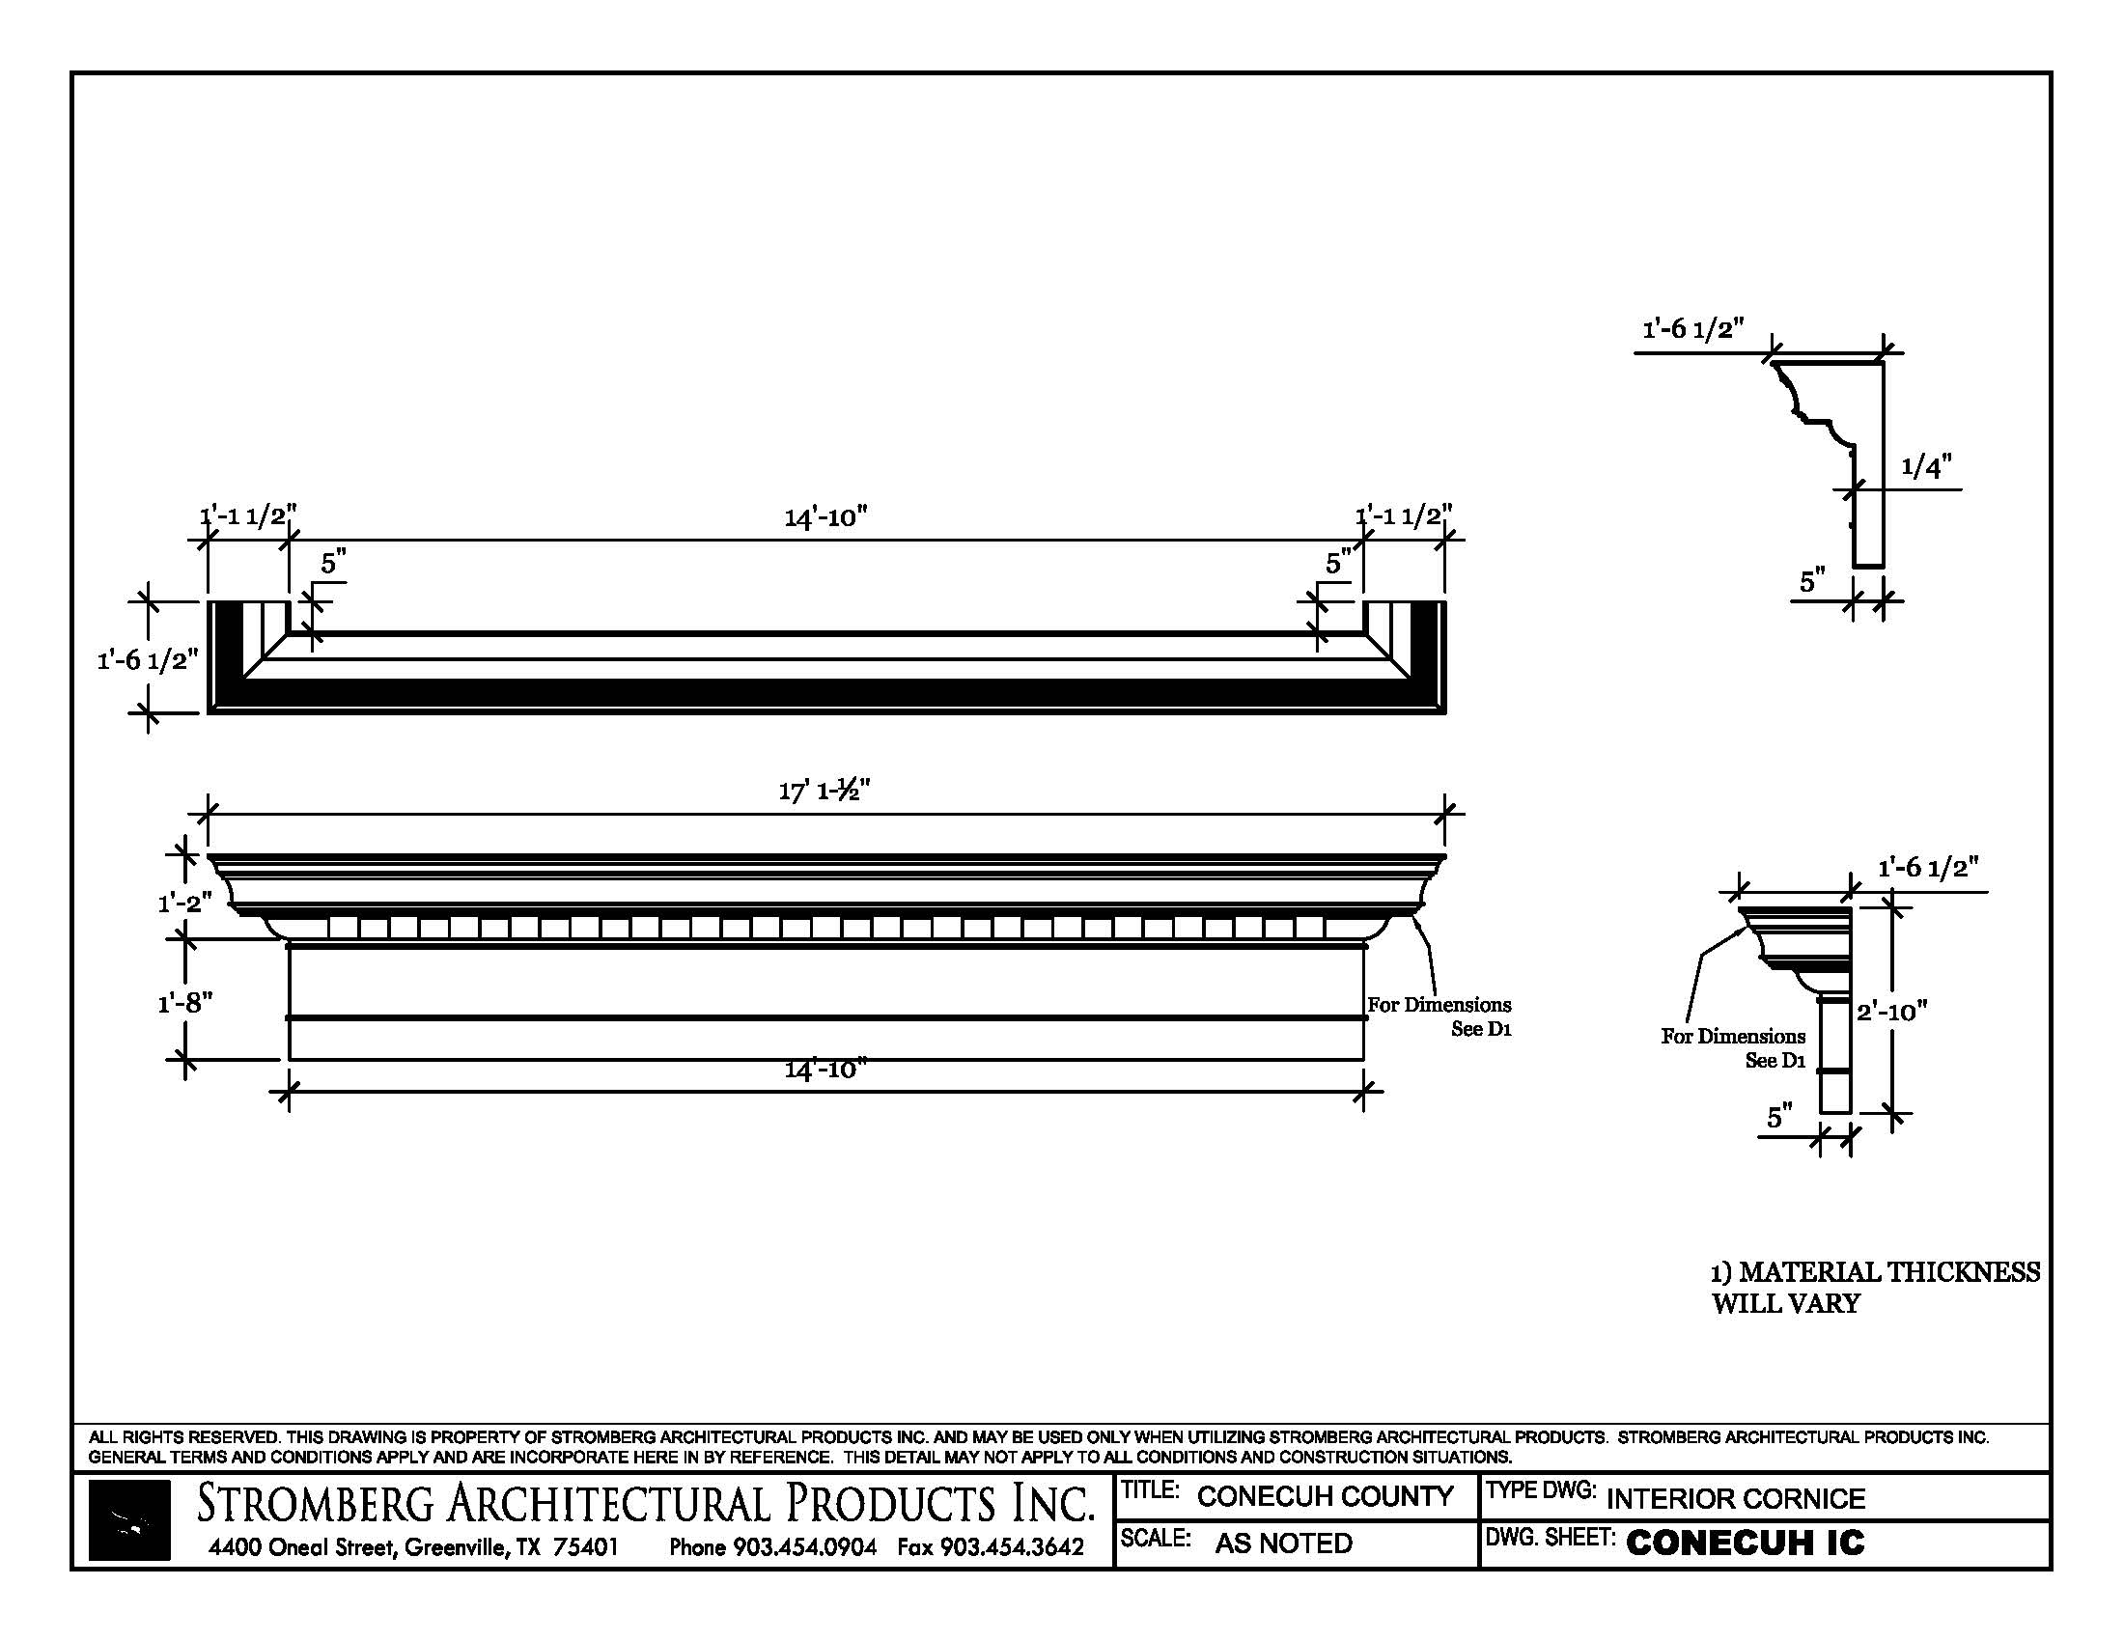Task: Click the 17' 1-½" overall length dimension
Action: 824,792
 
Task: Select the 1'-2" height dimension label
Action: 184,904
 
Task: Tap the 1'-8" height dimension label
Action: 184,1001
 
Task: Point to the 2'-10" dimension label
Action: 1891,1012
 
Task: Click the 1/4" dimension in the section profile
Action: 1927,467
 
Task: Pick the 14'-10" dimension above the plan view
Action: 824,517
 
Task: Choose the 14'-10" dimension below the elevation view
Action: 824,1070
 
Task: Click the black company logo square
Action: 129,1520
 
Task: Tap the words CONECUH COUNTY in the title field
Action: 1325,1496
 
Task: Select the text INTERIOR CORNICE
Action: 1735,1498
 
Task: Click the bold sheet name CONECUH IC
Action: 1745,1543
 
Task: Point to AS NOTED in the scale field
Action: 1283,1543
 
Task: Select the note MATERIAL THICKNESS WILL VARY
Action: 1874,1287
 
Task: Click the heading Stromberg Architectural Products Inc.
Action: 646,1503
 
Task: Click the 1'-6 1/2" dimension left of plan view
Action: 147,660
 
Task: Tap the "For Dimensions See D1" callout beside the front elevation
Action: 1439,1015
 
